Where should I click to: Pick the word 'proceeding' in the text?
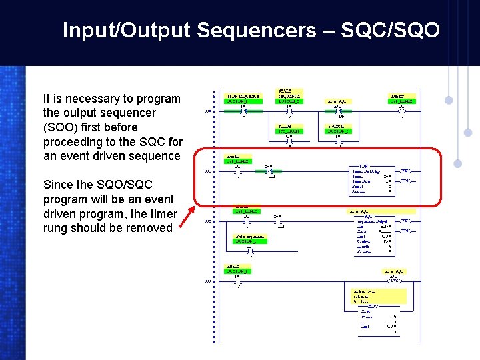coord(75,141)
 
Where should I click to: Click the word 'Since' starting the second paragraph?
coord(58,185)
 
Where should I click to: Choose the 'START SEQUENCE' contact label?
coord(289,95)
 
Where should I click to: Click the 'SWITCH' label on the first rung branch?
coord(335,128)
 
